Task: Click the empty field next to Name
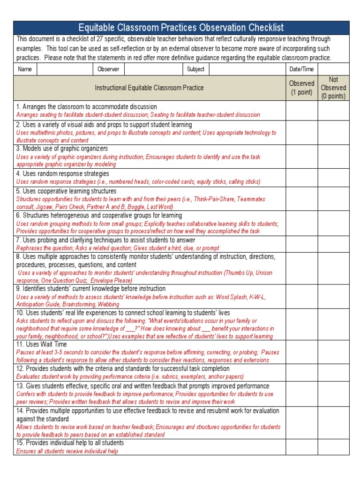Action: coord(65,69)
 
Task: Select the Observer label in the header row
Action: coord(108,69)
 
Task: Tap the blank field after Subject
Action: coord(247,69)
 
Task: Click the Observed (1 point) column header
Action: coord(301,88)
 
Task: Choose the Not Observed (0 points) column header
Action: coord(333,88)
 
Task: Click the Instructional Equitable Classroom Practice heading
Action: coord(149,88)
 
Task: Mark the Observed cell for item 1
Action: coord(301,111)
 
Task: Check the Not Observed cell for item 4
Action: coord(333,178)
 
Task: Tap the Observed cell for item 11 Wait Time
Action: coord(301,352)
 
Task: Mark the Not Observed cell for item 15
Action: coord(333,447)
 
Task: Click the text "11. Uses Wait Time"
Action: coord(42,345)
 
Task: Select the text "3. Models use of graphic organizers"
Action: coord(62,149)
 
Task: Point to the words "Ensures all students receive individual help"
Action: coord(67,451)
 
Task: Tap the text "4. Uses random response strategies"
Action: coord(62,174)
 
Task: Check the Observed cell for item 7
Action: coord(301,244)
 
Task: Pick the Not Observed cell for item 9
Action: coord(333,296)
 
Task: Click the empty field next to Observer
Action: coord(153,69)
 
